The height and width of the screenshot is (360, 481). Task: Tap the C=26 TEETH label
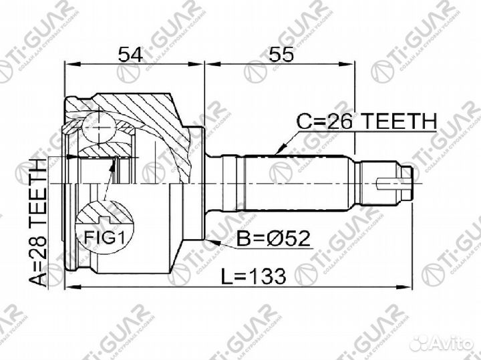(x=366, y=122)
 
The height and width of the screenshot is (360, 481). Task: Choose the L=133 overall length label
(x=254, y=275)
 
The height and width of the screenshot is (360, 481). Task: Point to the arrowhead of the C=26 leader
(x=278, y=151)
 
